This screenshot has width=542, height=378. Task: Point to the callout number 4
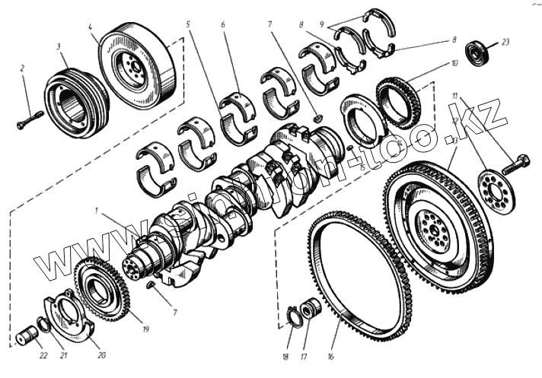point(91,27)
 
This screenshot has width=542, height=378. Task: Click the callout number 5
point(187,24)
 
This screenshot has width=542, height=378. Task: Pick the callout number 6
point(224,24)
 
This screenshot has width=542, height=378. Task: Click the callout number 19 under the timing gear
point(145,329)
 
